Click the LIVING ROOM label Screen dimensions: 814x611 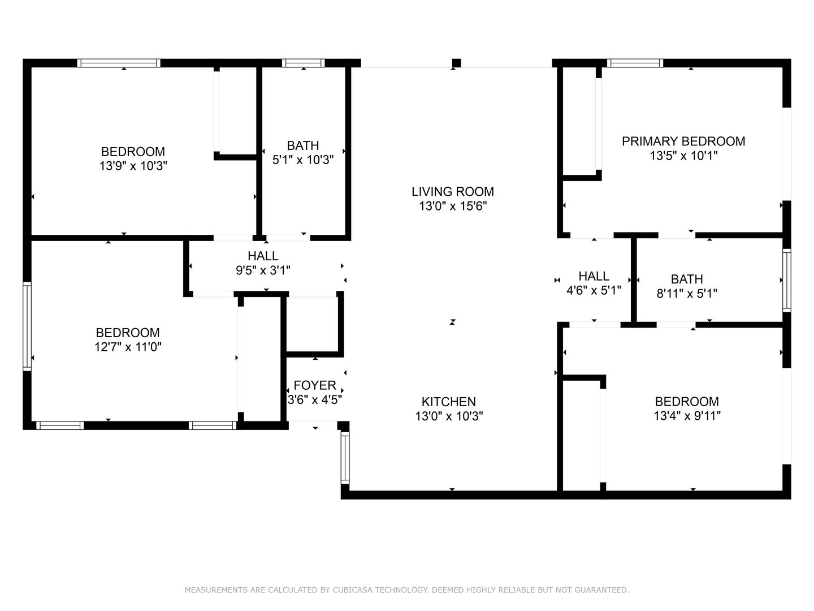(x=452, y=191)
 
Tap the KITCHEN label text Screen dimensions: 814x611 (x=448, y=402)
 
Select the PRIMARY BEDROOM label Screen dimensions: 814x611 (x=683, y=141)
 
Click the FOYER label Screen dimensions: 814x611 (x=314, y=385)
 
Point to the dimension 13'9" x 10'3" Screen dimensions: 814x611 (x=133, y=166)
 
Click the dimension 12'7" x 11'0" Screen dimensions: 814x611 (x=128, y=347)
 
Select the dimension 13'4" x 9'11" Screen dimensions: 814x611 (x=687, y=415)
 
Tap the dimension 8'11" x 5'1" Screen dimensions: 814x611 (x=687, y=294)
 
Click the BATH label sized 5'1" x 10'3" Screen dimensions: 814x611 (x=303, y=145)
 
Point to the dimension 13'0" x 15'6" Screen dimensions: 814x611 (x=453, y=206)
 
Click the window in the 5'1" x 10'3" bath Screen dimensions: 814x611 (x=304, y=63)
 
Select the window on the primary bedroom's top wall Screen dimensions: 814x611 (x=635, y=63)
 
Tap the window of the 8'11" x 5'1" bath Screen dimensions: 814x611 (x=786, y=281)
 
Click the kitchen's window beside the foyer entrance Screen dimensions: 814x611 (x=345, y=458)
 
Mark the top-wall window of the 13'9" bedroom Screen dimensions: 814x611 (x=119, y=63)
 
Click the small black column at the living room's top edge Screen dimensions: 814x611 (x=457, y=63)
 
